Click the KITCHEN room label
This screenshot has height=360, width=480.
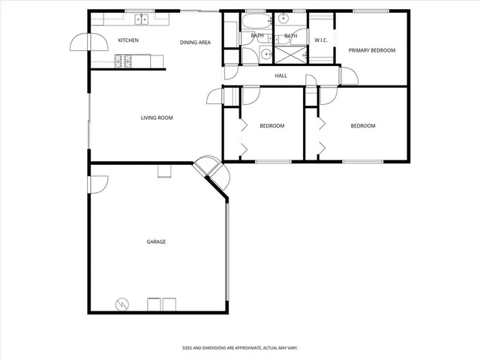pos(128,40)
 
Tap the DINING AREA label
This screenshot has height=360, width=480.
pos(195,42)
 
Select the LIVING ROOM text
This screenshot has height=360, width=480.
pos(157,118)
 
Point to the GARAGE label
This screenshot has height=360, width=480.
pos(156,241)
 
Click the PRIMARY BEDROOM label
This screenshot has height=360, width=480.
pos(372,50)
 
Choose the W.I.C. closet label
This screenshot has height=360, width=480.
pos(322,40)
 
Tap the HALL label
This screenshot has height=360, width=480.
pos(281,76)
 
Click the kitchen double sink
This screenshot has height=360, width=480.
pos(140,19)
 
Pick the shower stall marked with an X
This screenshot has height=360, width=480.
pos(289,53)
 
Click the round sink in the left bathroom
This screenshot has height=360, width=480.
pos(266,52)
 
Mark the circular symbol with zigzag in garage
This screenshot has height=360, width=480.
pos(121,304)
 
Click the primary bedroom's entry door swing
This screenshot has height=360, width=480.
pos(347,76)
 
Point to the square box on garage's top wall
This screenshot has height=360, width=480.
pos(164,172)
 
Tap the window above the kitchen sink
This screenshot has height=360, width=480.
pos(139,10)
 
